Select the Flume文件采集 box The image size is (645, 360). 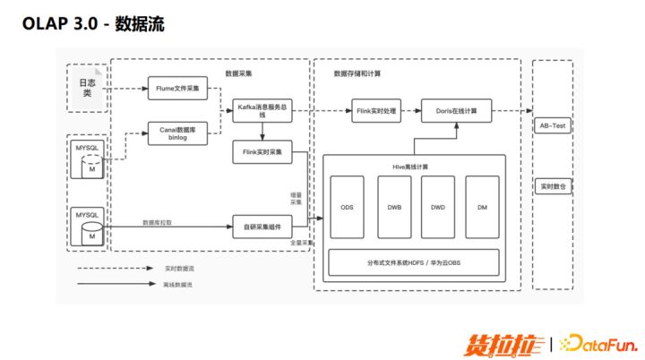click(178, 88)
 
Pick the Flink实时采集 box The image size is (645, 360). click(262, 152)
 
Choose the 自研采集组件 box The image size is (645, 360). click(262, 226)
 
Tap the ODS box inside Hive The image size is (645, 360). click(348, 208)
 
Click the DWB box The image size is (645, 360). click(393, 208)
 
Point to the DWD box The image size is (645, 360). click(438, 208)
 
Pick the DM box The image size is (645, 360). click(482, 208)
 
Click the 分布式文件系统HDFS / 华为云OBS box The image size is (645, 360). click(414, 262)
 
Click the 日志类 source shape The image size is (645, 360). click(87, 88)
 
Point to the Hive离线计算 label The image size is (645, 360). click(413, 167)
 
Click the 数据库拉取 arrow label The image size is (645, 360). click(158, 221)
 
